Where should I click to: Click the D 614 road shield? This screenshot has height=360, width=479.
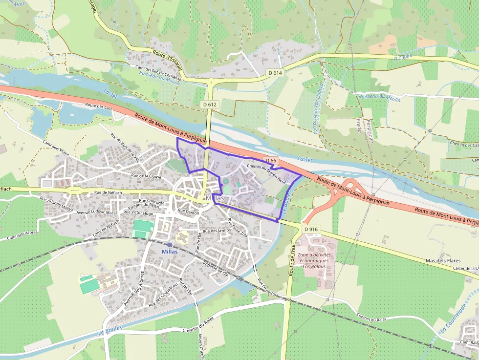tap(275, 73)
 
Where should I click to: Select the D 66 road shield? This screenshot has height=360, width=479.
tap(271, 160)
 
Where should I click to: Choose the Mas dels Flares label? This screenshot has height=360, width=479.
tap(443, 261)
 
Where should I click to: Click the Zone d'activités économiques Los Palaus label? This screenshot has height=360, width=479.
tap(314, 261)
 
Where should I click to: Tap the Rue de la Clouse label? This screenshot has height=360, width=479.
tap(146, 175)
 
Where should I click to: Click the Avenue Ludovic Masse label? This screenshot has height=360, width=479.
tap(97, 213)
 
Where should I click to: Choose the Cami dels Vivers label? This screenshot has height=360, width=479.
tap(56, 148)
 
